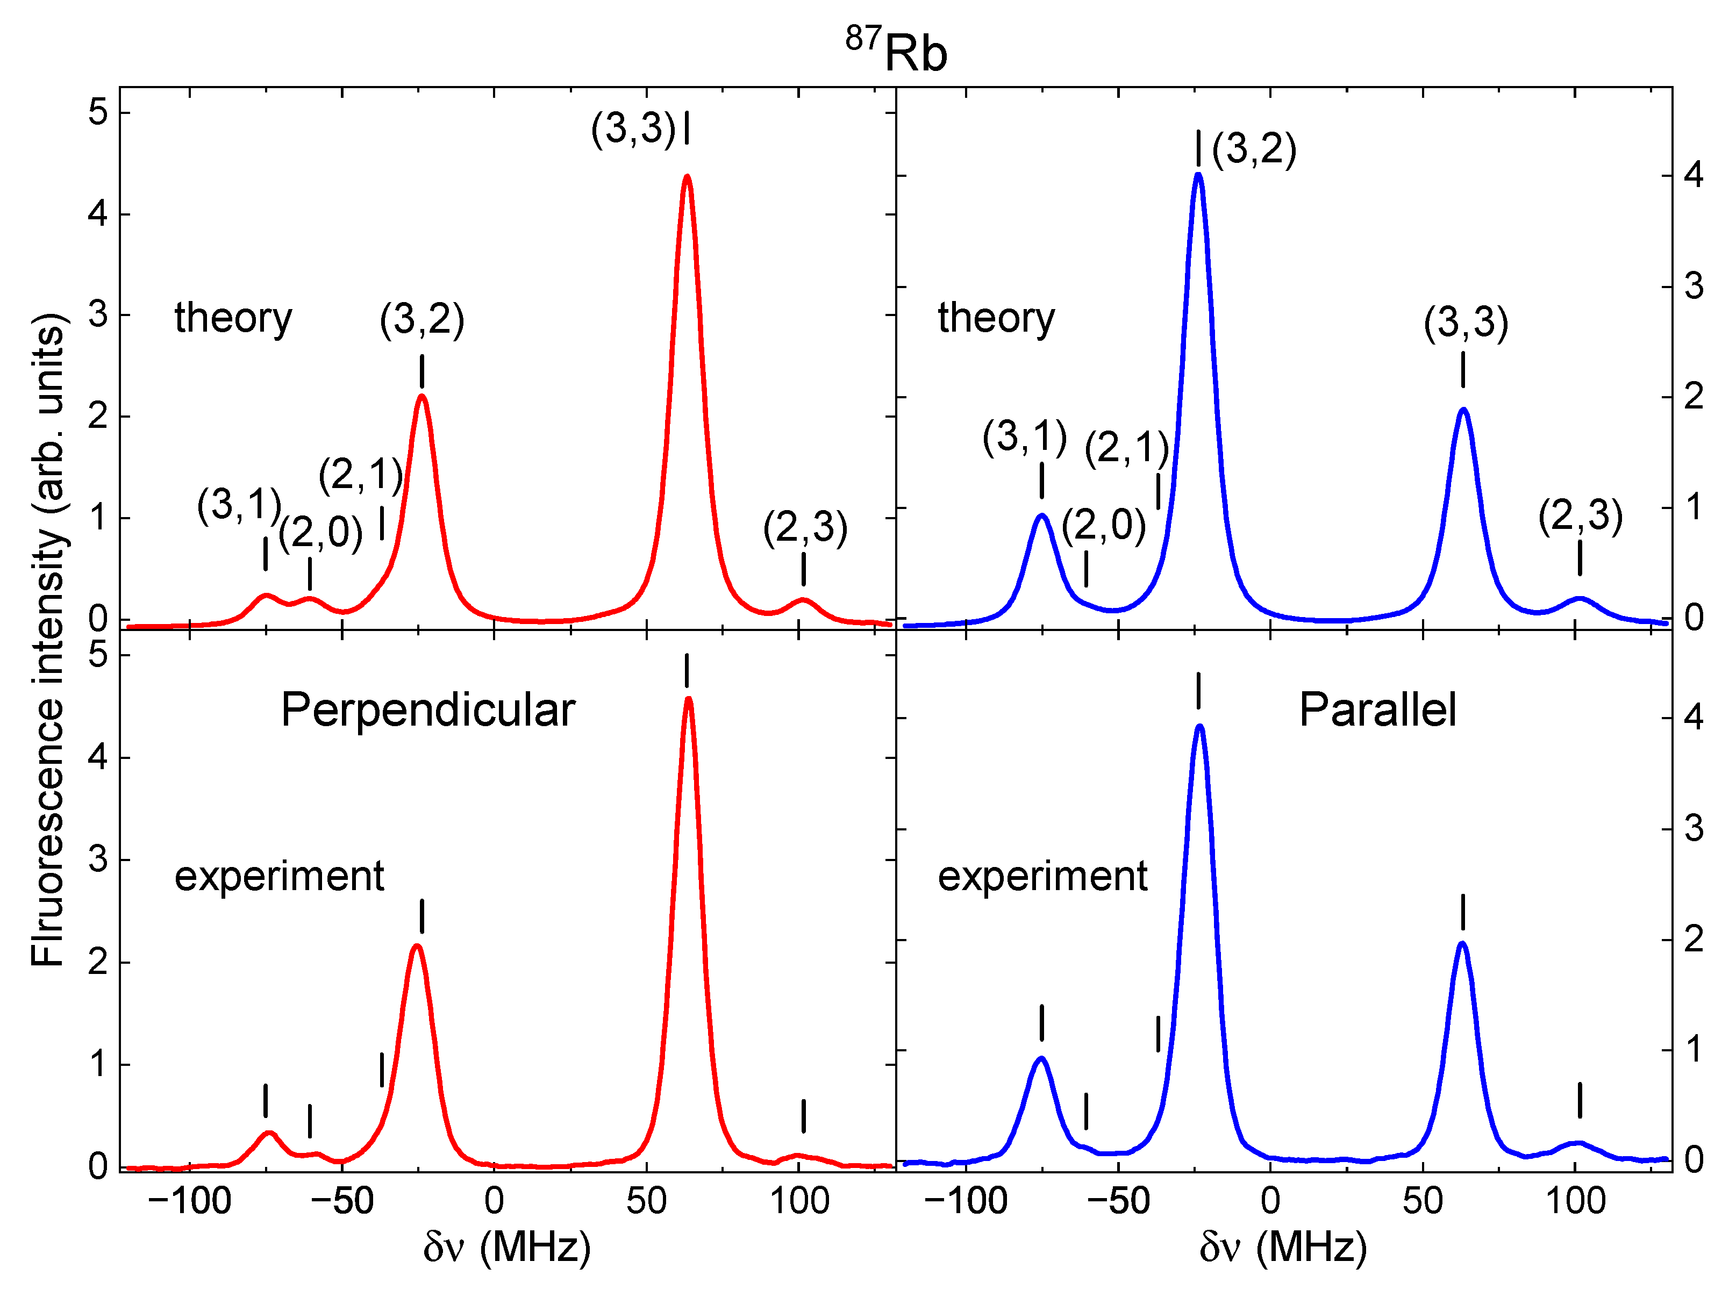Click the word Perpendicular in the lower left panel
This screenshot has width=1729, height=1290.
pos(427,710)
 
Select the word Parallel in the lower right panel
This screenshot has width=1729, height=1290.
pos(1377,710)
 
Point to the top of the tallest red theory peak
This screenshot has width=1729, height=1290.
pos(687,177)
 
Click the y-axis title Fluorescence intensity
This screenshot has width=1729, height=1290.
pos(48,640)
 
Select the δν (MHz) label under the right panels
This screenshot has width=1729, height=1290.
pos(1282,1246)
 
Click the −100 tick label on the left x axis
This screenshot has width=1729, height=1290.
pos(189,1201)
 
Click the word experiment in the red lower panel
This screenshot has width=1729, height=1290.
pos(279,876)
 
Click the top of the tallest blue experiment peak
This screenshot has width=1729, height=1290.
pos(1199,727)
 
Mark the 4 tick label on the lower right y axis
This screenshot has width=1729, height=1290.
pos(1693,717)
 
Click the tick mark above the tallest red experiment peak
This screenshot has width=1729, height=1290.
pos(687,670)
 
